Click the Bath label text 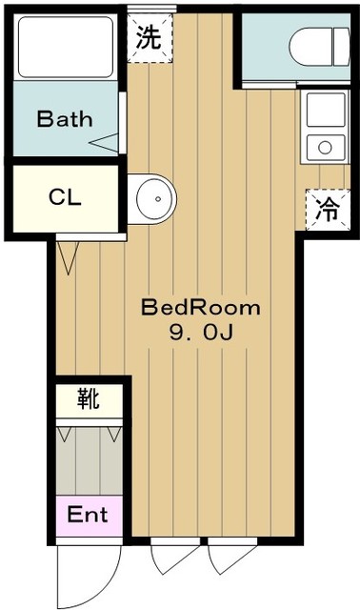(x=65, y=120)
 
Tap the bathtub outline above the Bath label (x=64, y=46)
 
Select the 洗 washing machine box (x=149, y=39)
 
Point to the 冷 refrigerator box (x=326, y=209)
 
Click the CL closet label (x=65, y=198)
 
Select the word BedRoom (x=200, y=309)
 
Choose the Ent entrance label (x=88, y=516)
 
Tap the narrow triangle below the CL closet (x=67, y=257)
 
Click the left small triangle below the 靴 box (x=65, y=435)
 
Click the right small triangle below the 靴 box (x=113, y=435)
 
